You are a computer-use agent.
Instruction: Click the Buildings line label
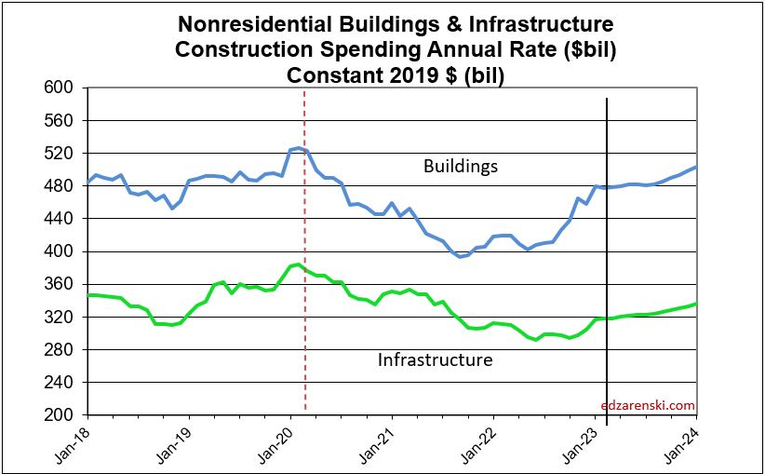click(x=461, y=167)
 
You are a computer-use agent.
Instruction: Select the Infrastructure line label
click(x=435, y=359)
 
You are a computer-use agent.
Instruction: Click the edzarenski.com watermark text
click(x=648, y=405)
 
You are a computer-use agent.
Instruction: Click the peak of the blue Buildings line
click(x=298, y=147)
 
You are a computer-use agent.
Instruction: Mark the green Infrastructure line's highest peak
click(x=298, y=264)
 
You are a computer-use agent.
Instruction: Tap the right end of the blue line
click(x=697, y=167)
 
